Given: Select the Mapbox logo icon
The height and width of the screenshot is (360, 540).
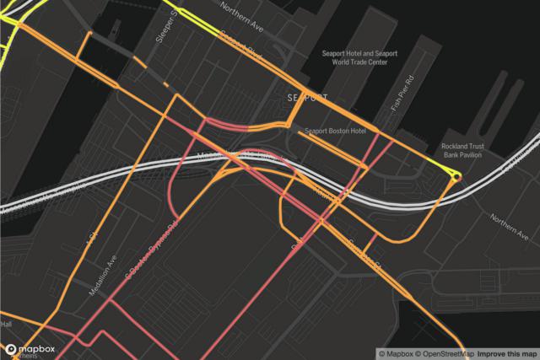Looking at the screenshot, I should pos(11,348).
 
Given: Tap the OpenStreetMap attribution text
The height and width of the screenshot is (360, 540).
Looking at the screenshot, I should pos(442,353).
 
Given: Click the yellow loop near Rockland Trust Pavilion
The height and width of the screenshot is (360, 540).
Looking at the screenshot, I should pos(456,175).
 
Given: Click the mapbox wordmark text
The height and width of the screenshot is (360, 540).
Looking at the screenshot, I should pos(37,348).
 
